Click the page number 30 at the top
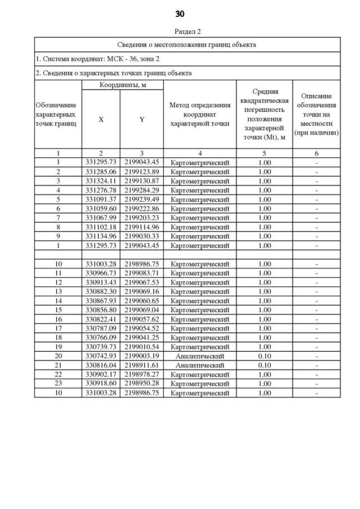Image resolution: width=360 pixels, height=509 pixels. pos(179,13)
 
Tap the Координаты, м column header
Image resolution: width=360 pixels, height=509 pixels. pos(122,84)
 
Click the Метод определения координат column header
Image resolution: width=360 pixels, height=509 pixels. pos(200,114)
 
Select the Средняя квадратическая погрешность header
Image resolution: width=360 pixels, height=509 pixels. pos(264,114)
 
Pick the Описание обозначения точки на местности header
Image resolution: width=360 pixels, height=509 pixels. pos(316,114)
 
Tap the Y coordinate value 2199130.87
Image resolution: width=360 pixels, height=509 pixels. pos(142,181)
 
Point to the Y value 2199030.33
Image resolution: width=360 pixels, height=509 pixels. pos(142,236)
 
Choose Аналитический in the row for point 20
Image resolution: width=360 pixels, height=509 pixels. pos(200,356)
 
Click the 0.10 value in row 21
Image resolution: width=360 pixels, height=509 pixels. pos(264,365)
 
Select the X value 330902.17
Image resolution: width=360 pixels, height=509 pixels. pos(100,375)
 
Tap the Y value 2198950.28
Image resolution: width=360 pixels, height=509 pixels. pos(142,384)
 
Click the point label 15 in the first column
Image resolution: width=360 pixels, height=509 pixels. pos(58,310)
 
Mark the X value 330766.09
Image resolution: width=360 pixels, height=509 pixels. pos(100,337)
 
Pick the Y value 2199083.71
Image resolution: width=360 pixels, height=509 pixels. pos(142,273)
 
